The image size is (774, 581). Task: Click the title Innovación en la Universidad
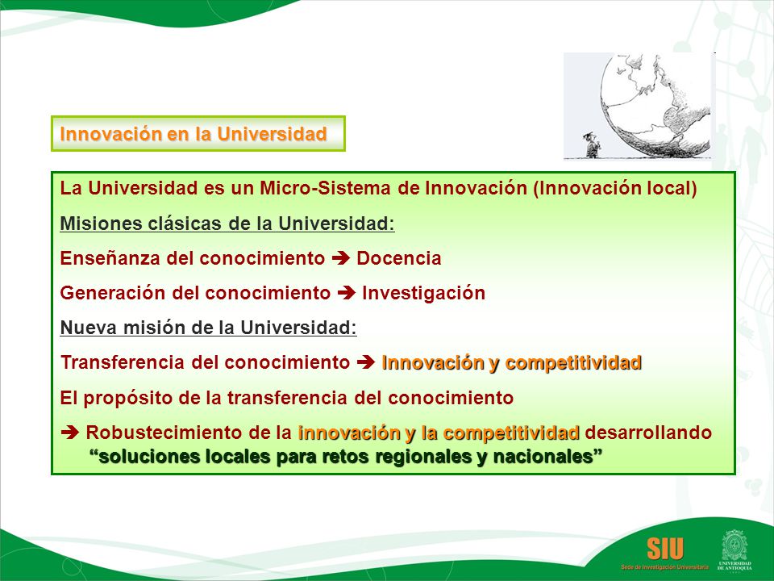coord(193,134)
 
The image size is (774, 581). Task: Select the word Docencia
coord(399,258)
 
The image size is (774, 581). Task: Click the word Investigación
coord(423,293)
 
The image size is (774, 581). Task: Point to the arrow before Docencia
coord(340,258)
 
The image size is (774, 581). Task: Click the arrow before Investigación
coord(347,293)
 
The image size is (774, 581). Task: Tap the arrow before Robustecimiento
coord(69,433)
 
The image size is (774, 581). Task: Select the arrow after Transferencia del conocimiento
coord(366,362)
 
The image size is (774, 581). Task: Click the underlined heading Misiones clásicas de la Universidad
coord(227,224)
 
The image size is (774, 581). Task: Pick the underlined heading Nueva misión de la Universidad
coord(208,328)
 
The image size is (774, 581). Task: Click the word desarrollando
coord(648,433)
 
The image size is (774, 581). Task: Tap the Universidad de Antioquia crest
coord(734,545)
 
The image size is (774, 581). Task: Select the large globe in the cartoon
coord(655,105)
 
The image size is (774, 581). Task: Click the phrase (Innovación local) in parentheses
coord(615,188)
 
